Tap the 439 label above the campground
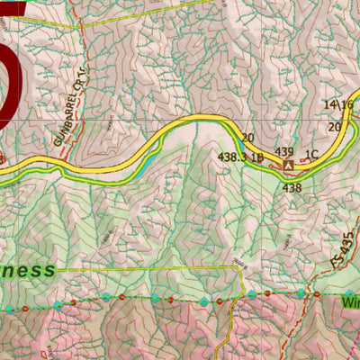pyautogui.click(x=285, y=152)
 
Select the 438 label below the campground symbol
pyautogui.click(x=292, y=188)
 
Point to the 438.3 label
pyautogui.click(x=232, y=157)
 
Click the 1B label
pyautogui.click(x=257, y=157)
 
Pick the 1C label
pyautogui.click(x=312, y=154)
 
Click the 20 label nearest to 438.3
pyautogui.click(x=248, y=137)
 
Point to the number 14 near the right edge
pyautogui.click(x=329, y=105)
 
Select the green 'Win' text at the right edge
pyautogui.click(x=350, y=304)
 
